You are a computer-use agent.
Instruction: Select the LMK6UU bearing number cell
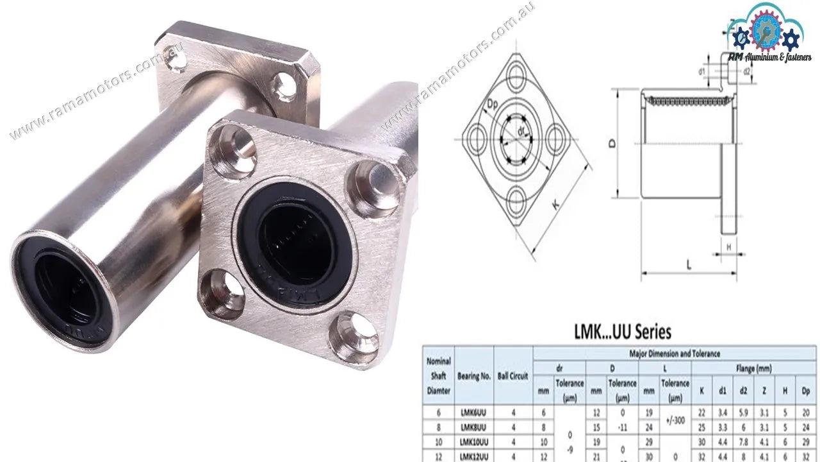474,413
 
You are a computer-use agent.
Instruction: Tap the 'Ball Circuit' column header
513,376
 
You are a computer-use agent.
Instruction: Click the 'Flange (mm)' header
753,368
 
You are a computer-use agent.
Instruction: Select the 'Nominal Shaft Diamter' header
438,376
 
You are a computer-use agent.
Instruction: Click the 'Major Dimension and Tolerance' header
674,353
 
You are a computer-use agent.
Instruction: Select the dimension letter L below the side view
688,264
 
